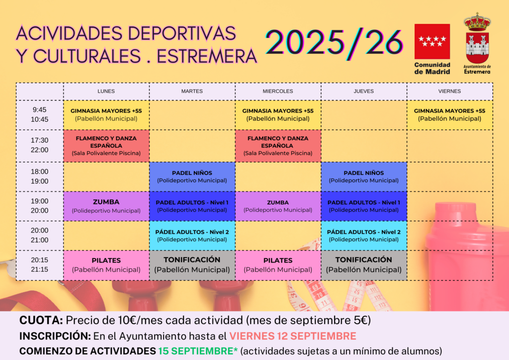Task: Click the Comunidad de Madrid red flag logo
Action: pos(432,41)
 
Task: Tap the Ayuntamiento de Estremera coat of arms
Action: pos(477,38)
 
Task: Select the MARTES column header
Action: pos(192,91)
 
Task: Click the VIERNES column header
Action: pos(449,91)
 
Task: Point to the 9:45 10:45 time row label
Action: pos(40,114)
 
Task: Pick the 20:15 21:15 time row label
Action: pos(40,265)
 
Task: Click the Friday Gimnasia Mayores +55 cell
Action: pos(449,115)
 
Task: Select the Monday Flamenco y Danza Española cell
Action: pos(106,146)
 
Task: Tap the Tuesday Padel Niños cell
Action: pos(192,177)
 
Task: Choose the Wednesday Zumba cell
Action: pos(278,206)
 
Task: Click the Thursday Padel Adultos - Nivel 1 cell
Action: pos(363,206)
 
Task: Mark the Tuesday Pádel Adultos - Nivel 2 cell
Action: pos(192,236)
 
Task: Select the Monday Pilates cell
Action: pos(106,265)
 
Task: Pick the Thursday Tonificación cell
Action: pos(363,265)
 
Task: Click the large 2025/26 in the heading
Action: pos(335,43)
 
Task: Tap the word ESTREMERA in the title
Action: pos(207,56)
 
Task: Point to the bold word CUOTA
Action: pos(41,320)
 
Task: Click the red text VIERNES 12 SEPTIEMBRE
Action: pos(293,336)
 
